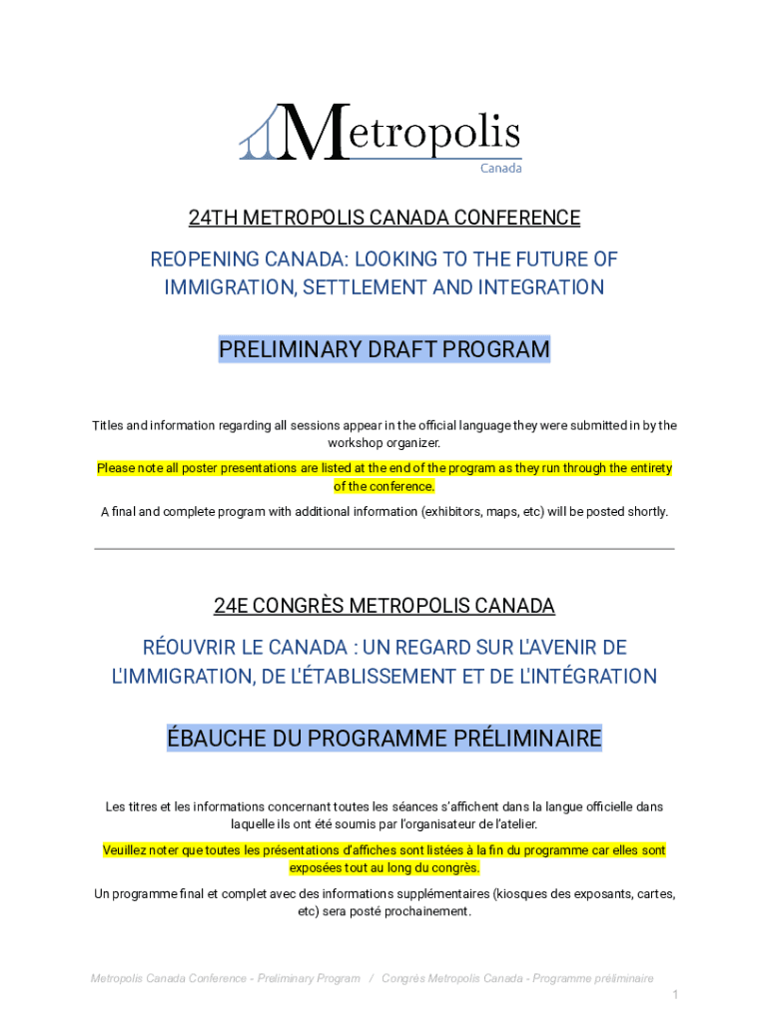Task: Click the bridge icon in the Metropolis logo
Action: [x=261, y=135]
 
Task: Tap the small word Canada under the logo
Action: [x=501, y=168]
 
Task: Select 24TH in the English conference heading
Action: [x=214, y=218]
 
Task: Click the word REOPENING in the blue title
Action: [x=204, y=259]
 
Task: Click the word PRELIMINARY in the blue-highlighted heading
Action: [x=287, y=350]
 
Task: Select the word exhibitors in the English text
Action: [x=453, y=512]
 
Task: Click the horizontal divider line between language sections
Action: [x=384, y=548]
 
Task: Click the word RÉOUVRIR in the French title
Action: [x=191, y=648]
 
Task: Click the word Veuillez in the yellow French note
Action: [x=127, y=850]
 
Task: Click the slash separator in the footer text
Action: [x=372, y=979]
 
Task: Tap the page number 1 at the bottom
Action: [x=675, y=995]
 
